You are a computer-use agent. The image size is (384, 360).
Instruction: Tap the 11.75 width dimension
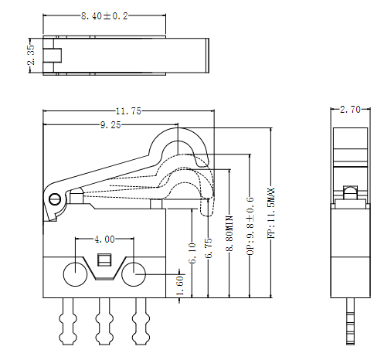(125, 111)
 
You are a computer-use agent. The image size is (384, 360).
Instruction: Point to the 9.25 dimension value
(110, 125)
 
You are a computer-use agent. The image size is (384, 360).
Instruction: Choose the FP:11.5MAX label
(270, 212)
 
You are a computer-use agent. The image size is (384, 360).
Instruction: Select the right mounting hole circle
(134, 273)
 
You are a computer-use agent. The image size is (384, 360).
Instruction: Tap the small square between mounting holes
(105, 260)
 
